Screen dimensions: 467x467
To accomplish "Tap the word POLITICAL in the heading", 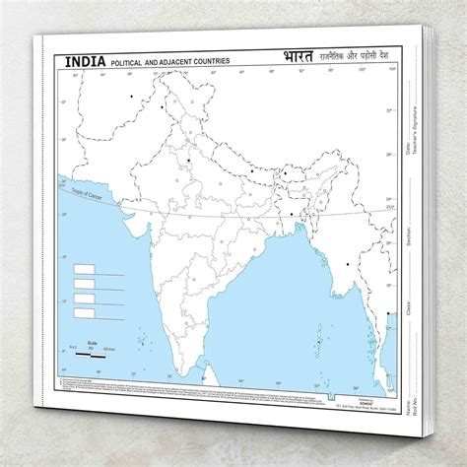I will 130,62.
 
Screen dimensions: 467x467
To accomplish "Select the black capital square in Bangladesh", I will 292,212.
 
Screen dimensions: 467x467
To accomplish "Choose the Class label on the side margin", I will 414,296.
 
